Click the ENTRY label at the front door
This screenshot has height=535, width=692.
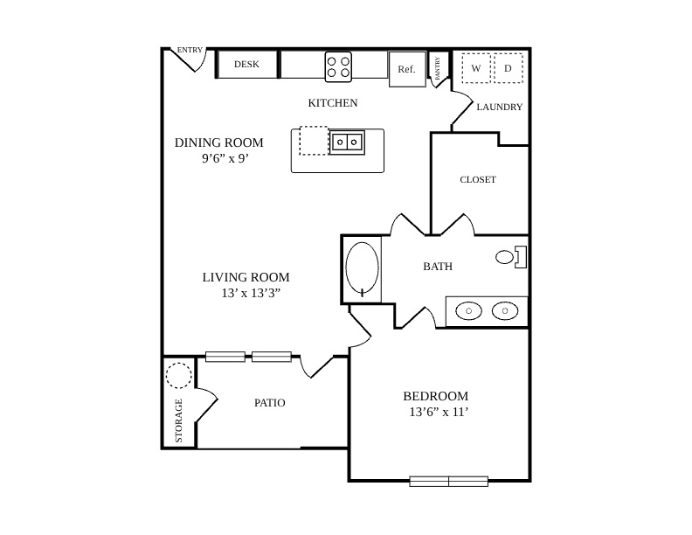pyautogui.click(x=190, y=50)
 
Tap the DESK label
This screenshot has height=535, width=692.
pyautogui.click(x=246, y=64)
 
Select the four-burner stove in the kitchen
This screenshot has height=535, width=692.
pyautogui.click(x=338, y=66)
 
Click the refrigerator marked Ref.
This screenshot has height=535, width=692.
pyautogui.click(x=407, y=69)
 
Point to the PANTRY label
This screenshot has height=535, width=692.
pyautogui.click(x=438, y=68)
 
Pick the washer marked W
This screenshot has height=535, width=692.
pyautogui.click(x=475, y=68)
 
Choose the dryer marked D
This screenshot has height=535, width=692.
pyautogui.click(x=508, y=68)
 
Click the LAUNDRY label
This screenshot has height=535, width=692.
pyautogui.click(x=500, y=107)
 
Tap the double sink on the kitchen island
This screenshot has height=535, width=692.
pyautogui.click(x=347, y=142)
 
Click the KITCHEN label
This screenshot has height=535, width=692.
pyautogui.click(x=333, y=103)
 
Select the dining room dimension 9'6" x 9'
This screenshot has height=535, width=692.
pyautogui.click(x=225, y=158)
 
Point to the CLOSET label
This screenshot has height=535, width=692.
pyautogui.click(x=478, y=180)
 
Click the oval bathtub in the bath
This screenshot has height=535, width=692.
pyautogui.click(x=363, y=269)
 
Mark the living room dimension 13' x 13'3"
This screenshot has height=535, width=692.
pyautogui.click(x=251, y=293)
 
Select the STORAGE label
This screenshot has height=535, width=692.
pyautogui.click(x=179, y=420)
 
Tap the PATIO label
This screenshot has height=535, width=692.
pyautogui.click(x=270, y=403)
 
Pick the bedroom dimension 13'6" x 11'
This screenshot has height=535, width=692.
pyautogui.click(x=439, y=412)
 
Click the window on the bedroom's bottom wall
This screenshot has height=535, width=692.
pyautogui.click(x=449, y=481)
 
